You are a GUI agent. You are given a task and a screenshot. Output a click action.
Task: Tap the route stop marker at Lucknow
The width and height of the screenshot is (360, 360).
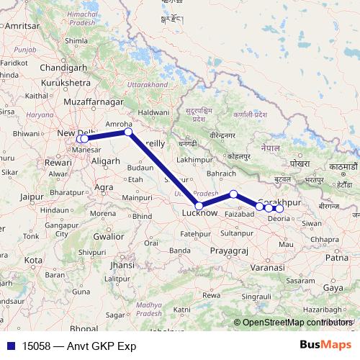point(199,206)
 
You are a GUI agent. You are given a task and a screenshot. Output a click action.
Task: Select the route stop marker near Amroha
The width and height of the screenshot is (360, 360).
point(128,132)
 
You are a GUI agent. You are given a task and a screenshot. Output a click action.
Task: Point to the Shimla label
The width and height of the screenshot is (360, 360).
point(75,41)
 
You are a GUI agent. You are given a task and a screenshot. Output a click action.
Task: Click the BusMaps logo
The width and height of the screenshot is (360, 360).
point(326,345)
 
